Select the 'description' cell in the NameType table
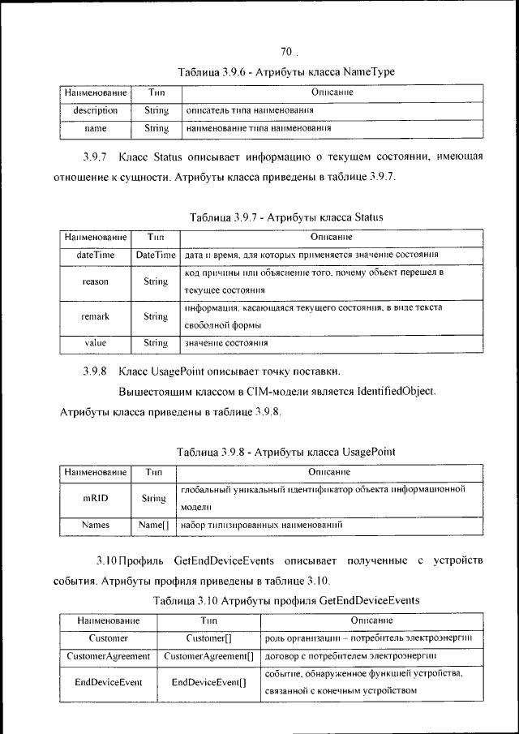click(95, 109)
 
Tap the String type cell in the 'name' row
click(156, 128)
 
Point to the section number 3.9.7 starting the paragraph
click(97, 157)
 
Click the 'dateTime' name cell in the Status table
click(95, 255)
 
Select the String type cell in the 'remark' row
click(156, 317)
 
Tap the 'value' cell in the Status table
click(95, 343)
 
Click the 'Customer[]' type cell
click(208, 638)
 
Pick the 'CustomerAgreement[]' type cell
click(208, 655)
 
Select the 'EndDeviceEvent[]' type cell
click(208, 683)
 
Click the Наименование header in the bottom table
click(108, 620)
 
